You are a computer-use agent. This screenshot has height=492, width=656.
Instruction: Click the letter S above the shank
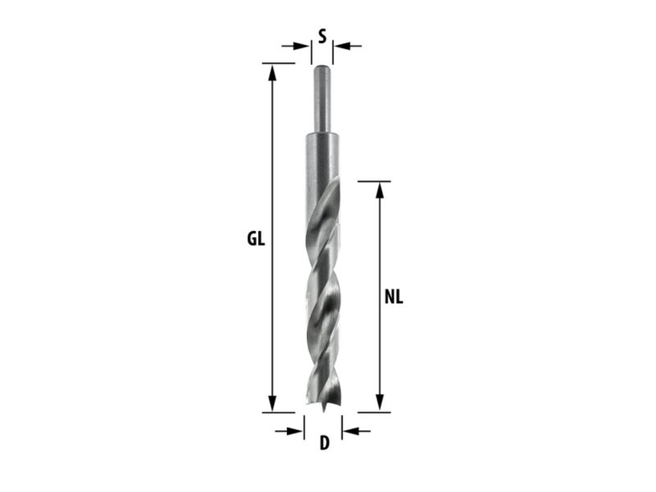coord(322,36)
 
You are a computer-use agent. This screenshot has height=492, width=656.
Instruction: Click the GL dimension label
coord(256,239)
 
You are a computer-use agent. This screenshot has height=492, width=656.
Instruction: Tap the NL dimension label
coord(394,298)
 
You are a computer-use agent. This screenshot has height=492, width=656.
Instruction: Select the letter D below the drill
coord(325,443)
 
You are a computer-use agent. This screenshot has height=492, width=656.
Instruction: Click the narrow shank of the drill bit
coord(322,98)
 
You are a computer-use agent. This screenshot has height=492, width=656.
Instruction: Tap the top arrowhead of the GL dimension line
coord(272,72)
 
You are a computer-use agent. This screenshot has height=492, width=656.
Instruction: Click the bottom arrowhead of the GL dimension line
coord(272,403)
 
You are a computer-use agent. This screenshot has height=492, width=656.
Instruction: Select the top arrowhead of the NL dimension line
coord(380,190)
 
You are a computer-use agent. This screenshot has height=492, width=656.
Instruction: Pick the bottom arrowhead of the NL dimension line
coord(380,403)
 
